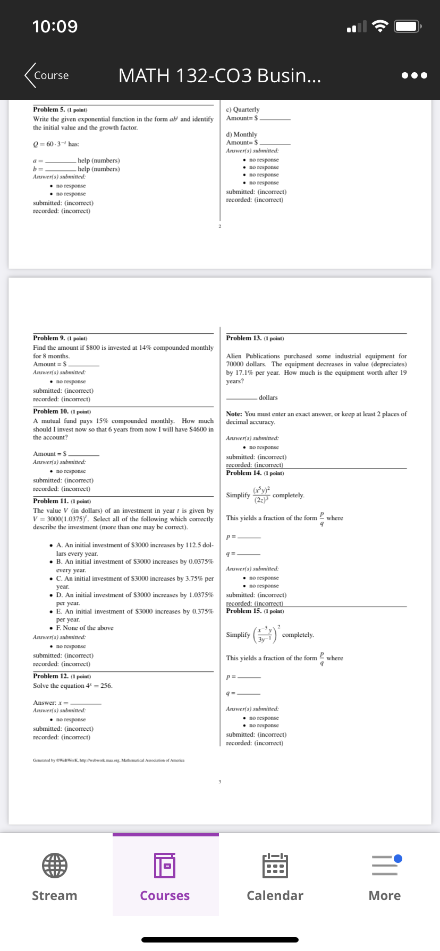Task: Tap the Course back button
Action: click(47, 75)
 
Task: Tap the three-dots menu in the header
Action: click(414, 75)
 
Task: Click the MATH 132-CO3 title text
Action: click(219, 75)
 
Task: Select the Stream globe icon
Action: click(55, 865)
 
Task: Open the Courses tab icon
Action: click(165, 865)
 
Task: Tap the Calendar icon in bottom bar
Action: click(275, 865)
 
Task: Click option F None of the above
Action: click(85, 628)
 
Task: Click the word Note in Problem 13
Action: click(234, 414)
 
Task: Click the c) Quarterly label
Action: click(243, 109)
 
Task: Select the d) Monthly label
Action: click(242, 134)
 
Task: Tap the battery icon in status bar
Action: click(408, 26)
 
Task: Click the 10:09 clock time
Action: click(55, 26)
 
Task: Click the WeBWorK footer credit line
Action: click(108, 760)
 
